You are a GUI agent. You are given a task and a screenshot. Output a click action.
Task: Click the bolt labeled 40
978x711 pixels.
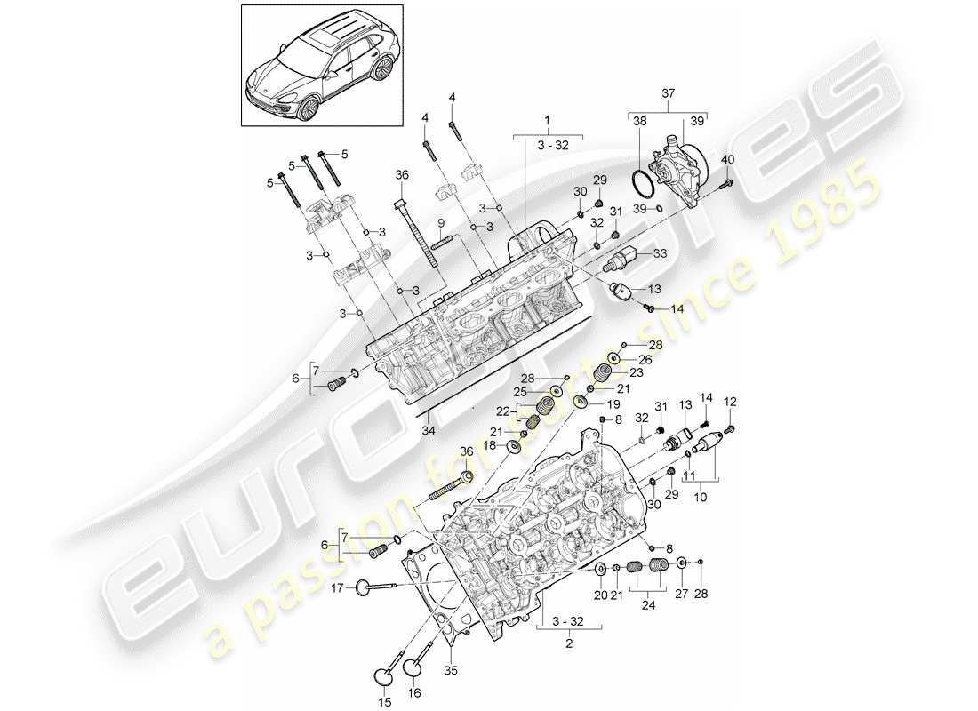coord(721,185)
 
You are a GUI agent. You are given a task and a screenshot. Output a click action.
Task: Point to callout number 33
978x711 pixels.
coord(659,252)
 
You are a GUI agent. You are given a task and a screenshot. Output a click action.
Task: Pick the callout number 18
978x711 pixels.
coord(489,445)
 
